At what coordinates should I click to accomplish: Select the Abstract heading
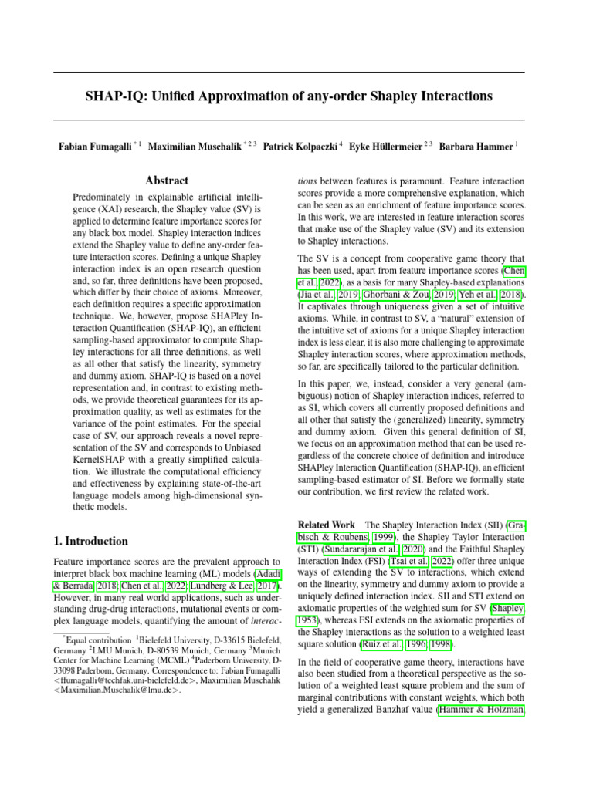[x=167, y=181]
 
